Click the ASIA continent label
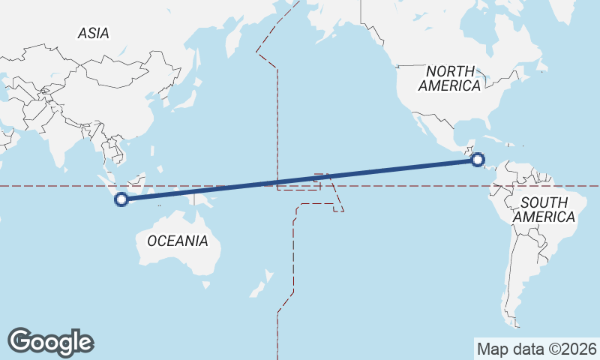coord(94,33)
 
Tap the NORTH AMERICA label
coord(449,78)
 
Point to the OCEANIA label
coord(177,241)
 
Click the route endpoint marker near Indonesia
coord(121,199)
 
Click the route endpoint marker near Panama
coord(478,159)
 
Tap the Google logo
coord(50,341)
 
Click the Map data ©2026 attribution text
coord(536,349)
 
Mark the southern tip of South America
coord(516,325)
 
